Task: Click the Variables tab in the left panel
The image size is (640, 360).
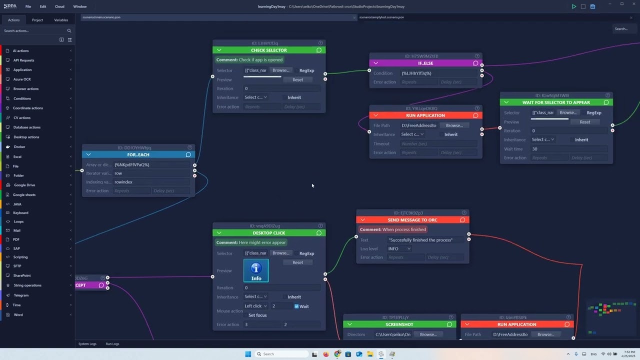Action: coord(61,20)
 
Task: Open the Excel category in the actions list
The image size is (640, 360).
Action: coord(17,156)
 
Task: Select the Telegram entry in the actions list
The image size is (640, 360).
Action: coord(21,295)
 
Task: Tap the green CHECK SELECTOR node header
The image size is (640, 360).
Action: coord(268,50)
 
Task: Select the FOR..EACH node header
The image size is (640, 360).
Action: coord(138,155)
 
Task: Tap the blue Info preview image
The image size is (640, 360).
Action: coord(256,270)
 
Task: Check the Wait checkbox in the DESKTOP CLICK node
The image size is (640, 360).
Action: coord(296,306)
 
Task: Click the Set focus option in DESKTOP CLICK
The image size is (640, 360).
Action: coord(257,315)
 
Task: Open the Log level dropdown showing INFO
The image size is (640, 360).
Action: coord(399,248)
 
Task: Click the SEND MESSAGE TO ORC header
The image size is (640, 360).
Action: coord(412,220)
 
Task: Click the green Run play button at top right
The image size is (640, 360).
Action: coord(574,6)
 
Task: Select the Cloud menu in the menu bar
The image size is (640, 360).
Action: coord(59,6)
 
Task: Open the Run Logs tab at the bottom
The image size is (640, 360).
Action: coord(112,344)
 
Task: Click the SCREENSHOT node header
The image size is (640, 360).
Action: coord(399,324)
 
